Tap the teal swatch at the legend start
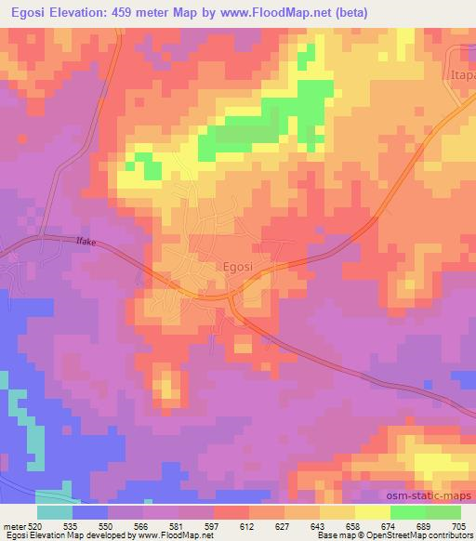click(x=54, y=512)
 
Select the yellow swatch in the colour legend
click(x=372, y=512)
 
